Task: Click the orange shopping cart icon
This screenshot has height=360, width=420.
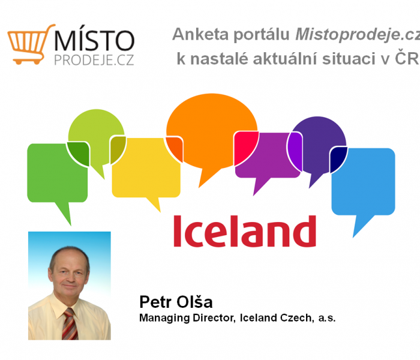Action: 29,44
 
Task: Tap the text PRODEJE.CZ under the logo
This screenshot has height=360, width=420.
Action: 94,60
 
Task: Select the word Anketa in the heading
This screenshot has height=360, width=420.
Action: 200,34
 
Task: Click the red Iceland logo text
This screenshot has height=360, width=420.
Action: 245,231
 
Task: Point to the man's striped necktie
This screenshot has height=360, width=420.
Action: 70,324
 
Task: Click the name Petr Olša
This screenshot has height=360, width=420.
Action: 176,302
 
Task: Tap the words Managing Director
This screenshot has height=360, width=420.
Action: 187,318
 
